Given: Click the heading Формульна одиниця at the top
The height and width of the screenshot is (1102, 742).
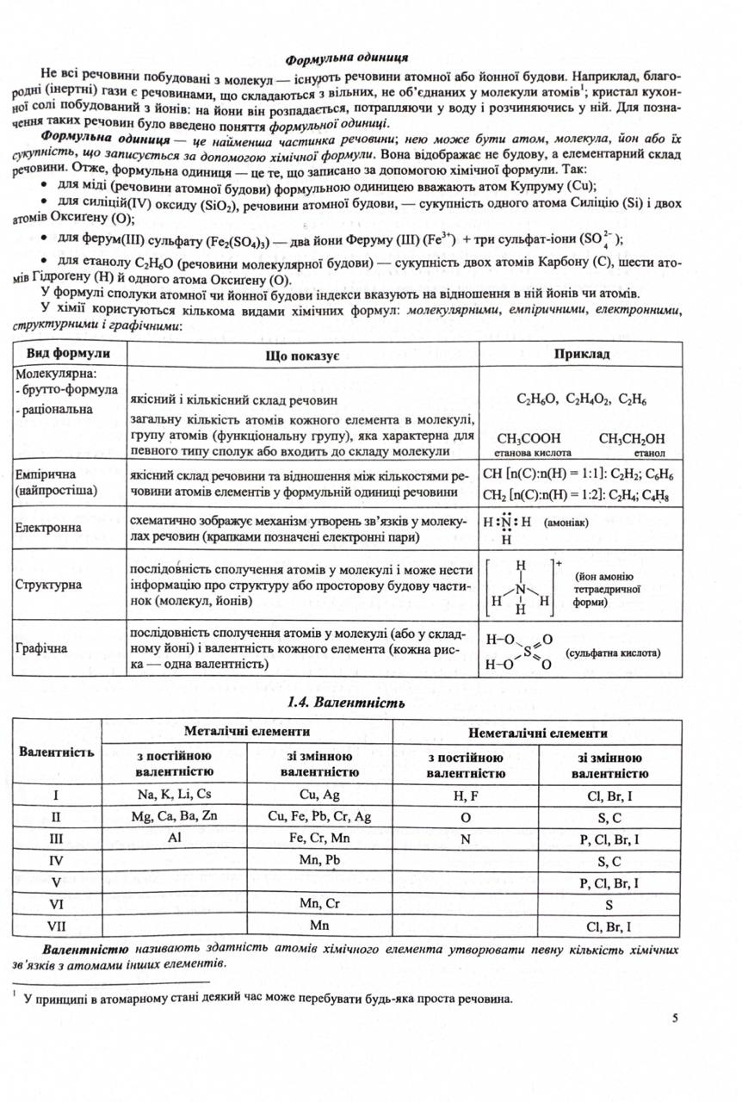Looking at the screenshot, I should pos(346,59).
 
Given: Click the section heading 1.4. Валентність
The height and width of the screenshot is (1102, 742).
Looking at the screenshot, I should pos(344,703).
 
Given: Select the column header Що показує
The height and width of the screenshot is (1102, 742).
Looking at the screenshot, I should pos(304,355).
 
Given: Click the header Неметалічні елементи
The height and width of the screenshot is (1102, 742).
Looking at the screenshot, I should pos(537,733).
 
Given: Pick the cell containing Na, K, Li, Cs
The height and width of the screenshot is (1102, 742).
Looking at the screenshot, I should pos(173,794).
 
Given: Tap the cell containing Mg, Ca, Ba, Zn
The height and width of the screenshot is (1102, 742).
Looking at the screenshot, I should pos(173,816).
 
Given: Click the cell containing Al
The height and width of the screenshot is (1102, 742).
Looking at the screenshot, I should pos(173,838).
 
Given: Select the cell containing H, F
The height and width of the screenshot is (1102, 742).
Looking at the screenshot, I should pos(465,795).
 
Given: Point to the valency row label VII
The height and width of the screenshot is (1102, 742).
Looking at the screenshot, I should pos(56,926).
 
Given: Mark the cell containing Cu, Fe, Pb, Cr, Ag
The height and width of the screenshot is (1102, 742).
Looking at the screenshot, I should pos(319,816).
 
